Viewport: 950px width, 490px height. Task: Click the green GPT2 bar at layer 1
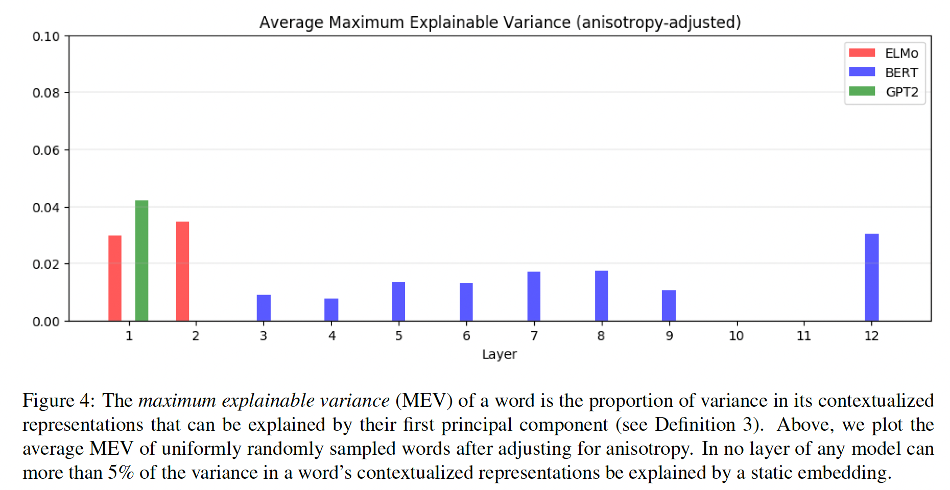coord(141,260)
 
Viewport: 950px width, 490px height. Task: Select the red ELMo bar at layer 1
coord(115,278)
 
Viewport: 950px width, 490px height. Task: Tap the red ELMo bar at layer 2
coord(182,271)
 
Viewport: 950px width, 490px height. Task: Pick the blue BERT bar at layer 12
coord(871,277)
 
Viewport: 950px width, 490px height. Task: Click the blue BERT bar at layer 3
coord(264,308)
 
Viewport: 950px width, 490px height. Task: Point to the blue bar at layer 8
coord(601,296)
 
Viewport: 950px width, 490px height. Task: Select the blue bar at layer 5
coord(398,301)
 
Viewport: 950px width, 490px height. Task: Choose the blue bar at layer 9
coord(669,305)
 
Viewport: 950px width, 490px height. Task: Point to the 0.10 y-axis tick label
coord(46,36)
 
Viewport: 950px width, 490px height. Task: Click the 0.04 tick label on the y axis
coord(46,207)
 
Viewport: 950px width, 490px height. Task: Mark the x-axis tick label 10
coord(736,336)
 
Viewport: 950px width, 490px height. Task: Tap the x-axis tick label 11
coord(803,336)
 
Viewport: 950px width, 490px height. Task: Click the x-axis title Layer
coord(499,354)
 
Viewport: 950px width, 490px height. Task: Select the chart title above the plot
coord(500,22)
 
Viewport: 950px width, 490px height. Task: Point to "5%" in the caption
coord(121,473)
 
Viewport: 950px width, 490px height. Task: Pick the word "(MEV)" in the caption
coord(424,401)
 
